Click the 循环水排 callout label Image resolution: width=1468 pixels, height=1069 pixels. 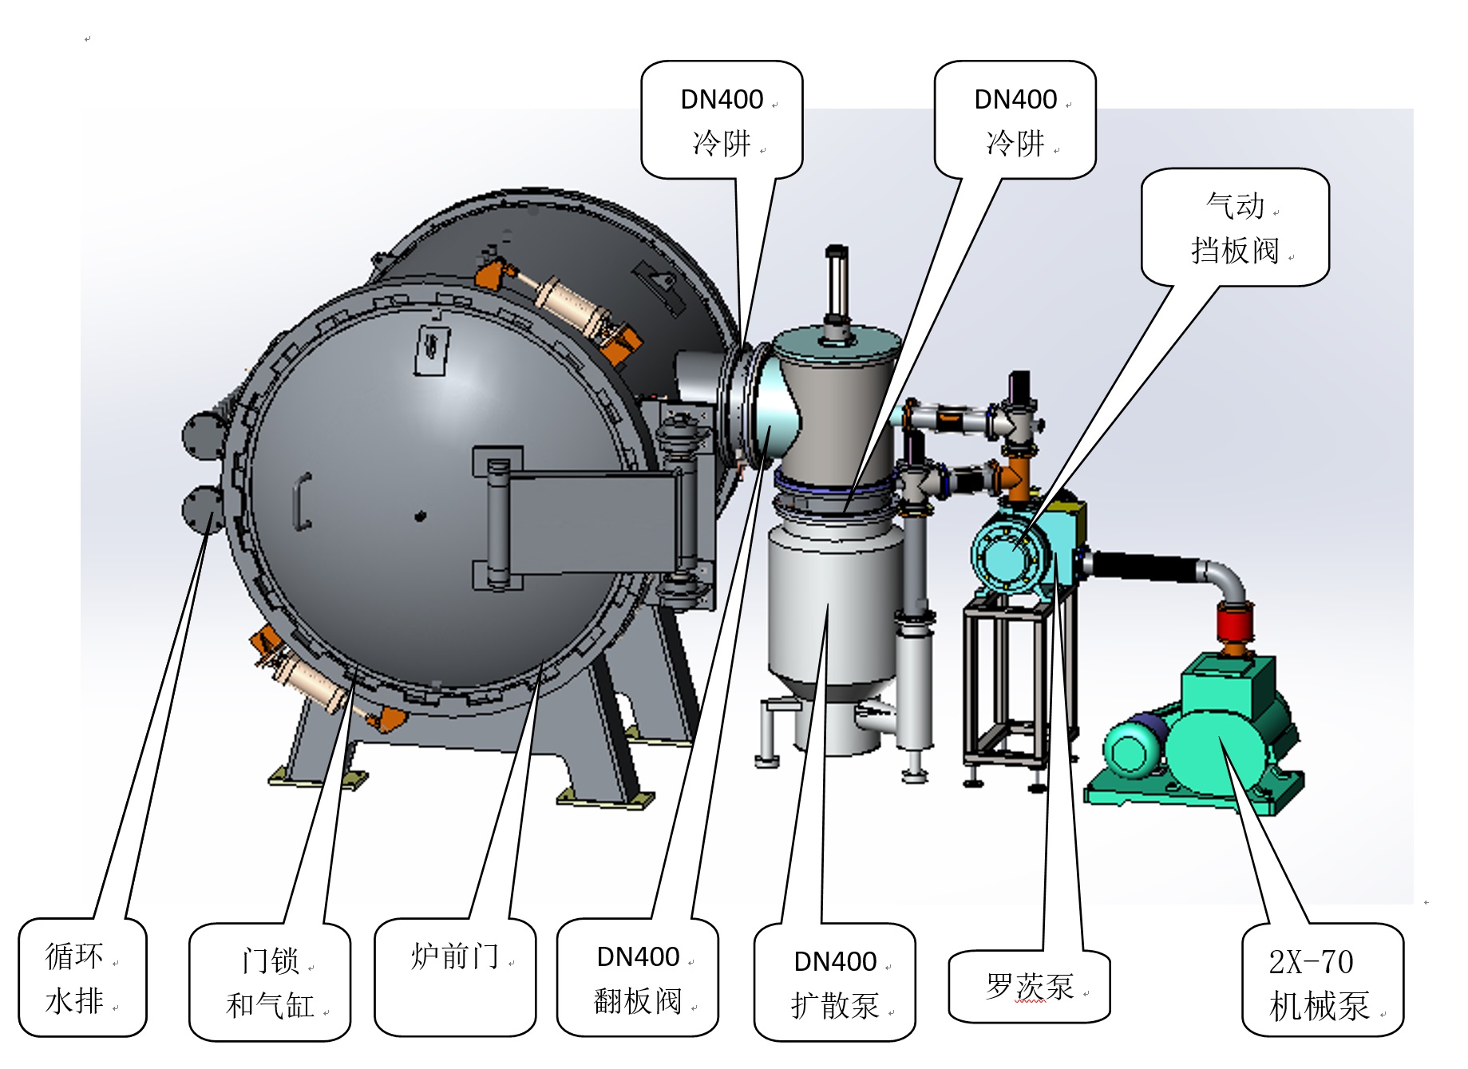tap(82, 978)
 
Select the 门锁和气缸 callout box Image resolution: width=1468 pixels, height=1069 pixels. tap(270, 983)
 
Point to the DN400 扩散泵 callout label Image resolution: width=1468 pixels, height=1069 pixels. tap(835, 983)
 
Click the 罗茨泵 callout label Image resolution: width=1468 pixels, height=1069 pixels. tap(1029, 987)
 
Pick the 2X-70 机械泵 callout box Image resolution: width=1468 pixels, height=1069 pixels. tap(1322, 981)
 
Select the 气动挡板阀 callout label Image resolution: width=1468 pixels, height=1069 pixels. tap(1235, 228)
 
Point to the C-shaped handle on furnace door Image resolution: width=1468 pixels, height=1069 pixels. tap(302, 501)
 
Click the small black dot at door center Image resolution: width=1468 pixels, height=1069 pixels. tap(420, 517)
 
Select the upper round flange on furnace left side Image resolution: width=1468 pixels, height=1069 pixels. tap(202, 435)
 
